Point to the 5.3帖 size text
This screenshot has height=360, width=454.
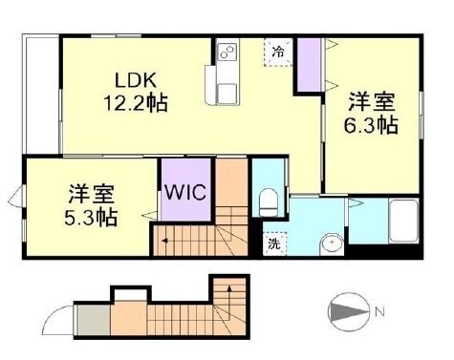click(x=92, y=217)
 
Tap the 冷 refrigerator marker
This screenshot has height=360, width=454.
click(x=277, y=52)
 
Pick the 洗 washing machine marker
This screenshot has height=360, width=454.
click(x=272, y=243)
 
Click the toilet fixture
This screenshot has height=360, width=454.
click(x=268, y=200)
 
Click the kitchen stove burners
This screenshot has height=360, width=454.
click(x=226, y=52)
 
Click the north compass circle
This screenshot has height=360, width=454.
click(x=347, y=312)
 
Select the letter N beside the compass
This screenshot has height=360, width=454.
click(x=379, y=312)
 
